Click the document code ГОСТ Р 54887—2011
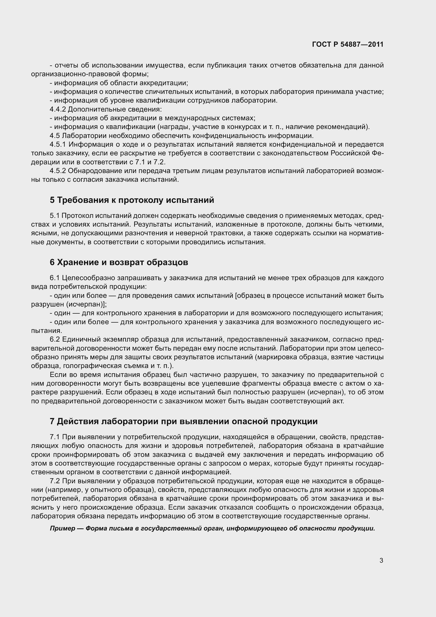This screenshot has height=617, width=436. (348, 45)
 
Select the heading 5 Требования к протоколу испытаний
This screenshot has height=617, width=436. (132, 200)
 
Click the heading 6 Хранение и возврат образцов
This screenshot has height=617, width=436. (119, 262)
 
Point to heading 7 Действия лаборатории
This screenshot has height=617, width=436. (183, 421)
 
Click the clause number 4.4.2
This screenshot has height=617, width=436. (57, 109)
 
